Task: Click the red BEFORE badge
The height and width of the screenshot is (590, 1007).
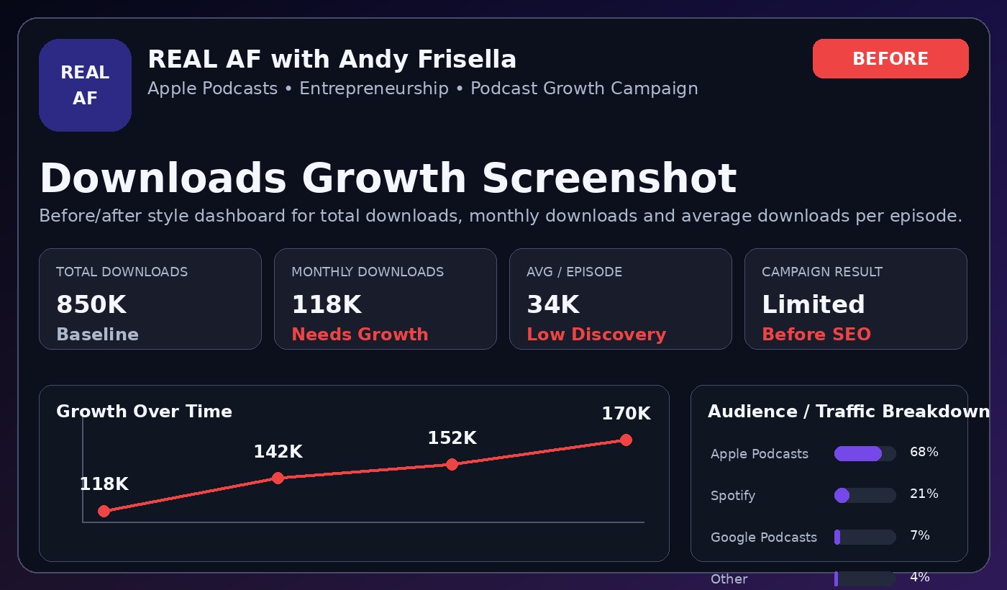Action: [x=890, y=58]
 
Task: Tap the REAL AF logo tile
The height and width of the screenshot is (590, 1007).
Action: [x=85, y=85]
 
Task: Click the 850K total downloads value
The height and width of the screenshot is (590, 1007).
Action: [x=91, y=304]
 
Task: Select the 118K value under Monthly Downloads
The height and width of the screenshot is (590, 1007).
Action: [x=327, y=304]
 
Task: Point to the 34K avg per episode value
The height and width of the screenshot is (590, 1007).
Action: [x=553, y=304]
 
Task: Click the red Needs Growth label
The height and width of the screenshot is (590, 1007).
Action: [x=360, y=334]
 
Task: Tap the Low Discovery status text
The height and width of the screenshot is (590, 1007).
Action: [x=596, y=334]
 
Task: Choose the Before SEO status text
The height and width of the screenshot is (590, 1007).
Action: [x=816, y=334]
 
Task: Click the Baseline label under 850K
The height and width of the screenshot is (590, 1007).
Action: [x=97, y=334]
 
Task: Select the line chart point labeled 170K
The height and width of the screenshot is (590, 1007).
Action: [x=626, y=440]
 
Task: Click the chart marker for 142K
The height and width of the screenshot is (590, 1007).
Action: [x=278, y=478]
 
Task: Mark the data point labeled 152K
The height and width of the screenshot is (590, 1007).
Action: [x=452, y=465]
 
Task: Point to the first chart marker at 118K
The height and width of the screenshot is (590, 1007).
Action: [x=104, y=512]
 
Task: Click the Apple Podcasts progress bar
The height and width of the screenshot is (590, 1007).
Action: [x=865, y=453]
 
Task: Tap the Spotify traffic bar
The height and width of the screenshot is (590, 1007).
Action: [x=865, y=495]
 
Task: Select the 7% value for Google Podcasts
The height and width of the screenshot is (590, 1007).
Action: [x=919, y=535]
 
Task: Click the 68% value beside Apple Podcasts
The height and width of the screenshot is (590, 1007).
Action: [x=924, y=452]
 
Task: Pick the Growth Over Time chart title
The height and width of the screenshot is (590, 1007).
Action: [x=144, y=412]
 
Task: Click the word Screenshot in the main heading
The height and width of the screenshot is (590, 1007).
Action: [x=609, y=178]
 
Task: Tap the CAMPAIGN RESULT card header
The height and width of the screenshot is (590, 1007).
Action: [x=821, y=272]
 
